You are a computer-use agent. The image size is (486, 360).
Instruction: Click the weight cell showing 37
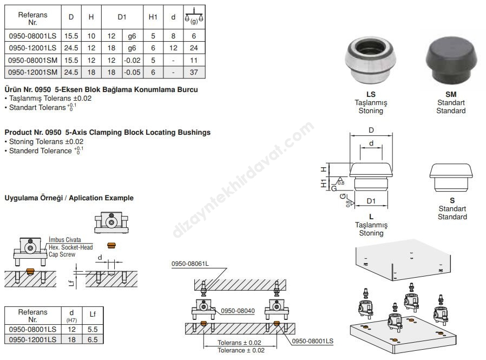click(194, 72)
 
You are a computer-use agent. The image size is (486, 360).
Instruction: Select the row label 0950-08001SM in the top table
click(33, 60)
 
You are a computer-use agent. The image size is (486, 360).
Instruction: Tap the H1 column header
click(153, 17)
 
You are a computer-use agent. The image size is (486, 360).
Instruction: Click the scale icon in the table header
click(194, 16)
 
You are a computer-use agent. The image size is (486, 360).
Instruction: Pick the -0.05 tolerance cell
click(133, 72)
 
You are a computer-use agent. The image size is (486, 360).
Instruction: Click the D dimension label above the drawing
click(371, 130)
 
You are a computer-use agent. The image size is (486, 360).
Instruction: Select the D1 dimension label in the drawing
click(371, 201)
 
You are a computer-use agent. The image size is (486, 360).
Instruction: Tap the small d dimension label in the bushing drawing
click(371, 143)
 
